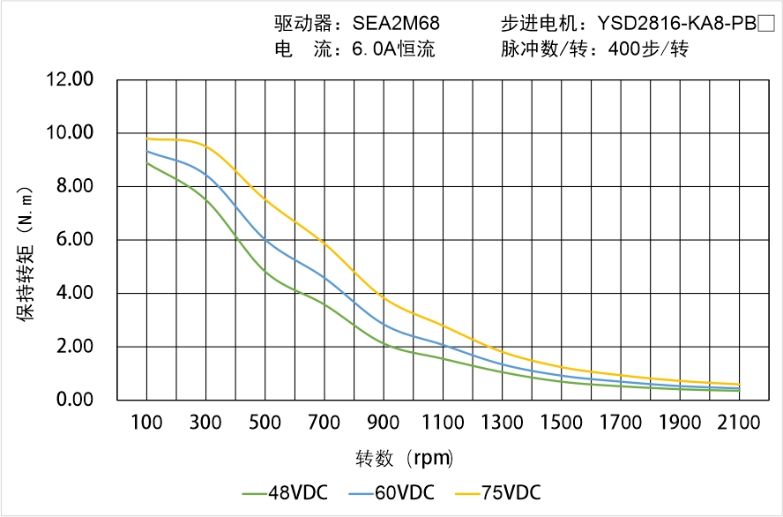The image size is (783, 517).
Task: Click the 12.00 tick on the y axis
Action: click(70, 79)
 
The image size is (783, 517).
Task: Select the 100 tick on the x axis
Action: click(146, 423)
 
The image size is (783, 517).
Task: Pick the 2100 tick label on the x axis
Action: click(739, 423)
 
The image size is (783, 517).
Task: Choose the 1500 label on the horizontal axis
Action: click(561, 423)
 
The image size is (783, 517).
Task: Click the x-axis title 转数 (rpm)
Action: click(404, 459)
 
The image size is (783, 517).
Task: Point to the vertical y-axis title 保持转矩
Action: click(26, 252)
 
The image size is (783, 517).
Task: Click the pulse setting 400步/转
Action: click(648, 49)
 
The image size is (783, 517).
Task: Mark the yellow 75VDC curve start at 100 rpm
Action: click(147, 139)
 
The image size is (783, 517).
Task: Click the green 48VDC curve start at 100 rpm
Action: click(147, 163)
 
